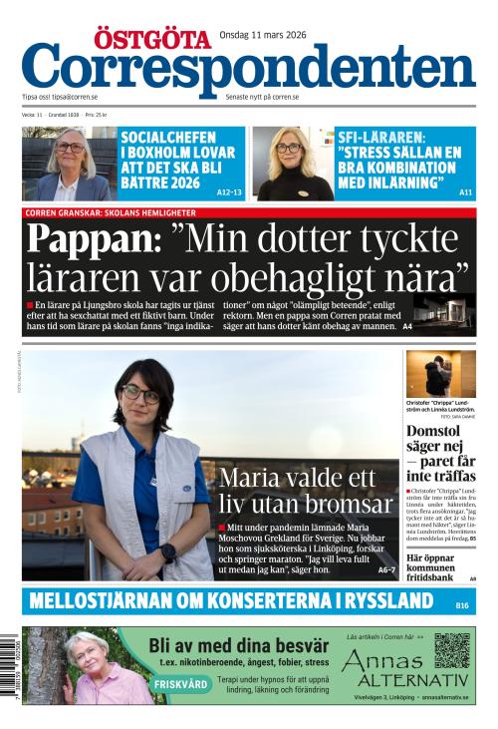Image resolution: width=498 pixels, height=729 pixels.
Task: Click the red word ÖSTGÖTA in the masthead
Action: [167, 39]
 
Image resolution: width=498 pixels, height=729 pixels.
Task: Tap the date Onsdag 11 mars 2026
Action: [262, 35]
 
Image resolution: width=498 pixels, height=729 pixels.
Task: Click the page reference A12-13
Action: [229, 191]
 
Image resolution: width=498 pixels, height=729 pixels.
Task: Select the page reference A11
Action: [466, 191]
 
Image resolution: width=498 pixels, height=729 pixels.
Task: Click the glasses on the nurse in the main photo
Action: [140, 395]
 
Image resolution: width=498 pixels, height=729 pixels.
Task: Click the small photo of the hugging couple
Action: [440, 374]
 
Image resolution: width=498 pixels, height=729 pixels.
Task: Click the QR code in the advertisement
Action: [451, 649]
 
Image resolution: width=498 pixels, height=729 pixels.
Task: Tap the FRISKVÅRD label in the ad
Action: [182, 684]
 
